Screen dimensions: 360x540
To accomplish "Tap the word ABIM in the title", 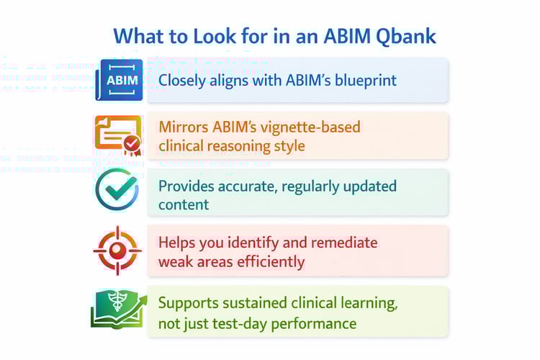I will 326,36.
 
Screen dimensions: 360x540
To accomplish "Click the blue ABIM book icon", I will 119,80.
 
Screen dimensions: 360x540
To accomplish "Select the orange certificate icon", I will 117,135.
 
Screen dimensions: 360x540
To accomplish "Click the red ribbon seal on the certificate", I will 131,145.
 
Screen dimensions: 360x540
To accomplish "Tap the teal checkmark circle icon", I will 117,190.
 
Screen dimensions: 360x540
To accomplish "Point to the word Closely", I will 184,80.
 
